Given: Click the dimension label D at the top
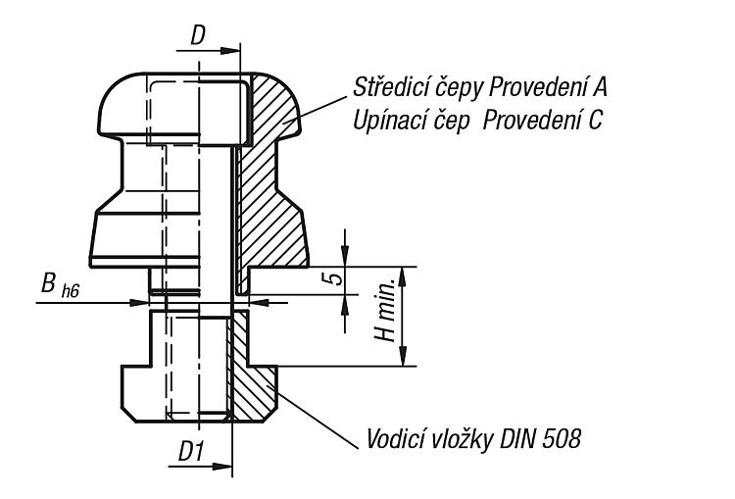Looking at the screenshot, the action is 198,35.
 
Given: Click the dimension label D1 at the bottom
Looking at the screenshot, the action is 191,452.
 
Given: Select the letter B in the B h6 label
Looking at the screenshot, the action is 48,283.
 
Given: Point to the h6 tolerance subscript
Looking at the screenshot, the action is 71,291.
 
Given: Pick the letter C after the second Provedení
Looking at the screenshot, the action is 594,121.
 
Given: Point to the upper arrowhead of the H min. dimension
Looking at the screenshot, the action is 402,275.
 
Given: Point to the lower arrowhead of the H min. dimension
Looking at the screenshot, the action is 402,357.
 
